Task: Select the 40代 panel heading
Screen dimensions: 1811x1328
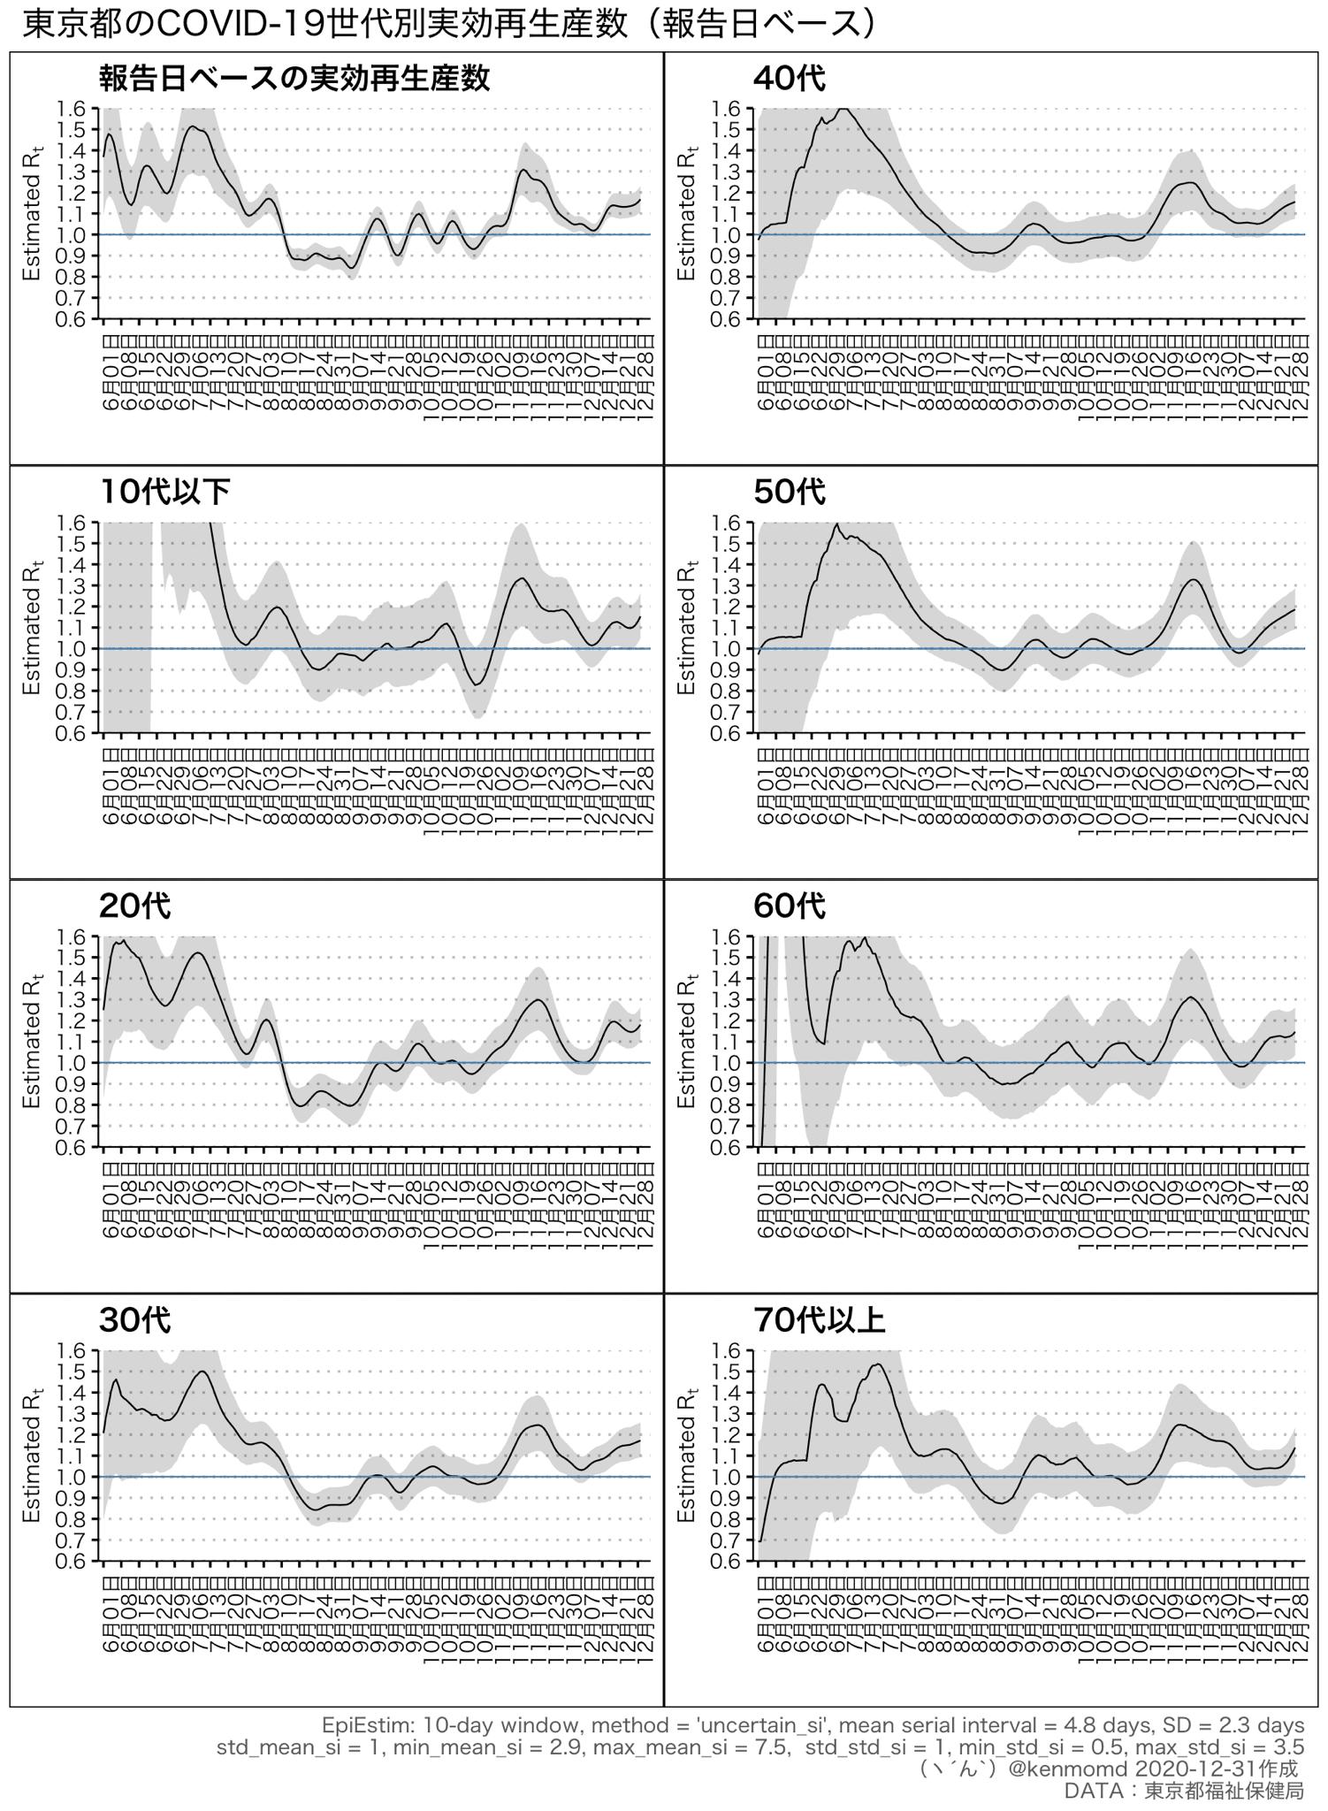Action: tap(789, 79)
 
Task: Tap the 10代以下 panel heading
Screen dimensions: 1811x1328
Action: tap(165, 493)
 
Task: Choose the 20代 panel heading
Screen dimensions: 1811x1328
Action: tap(134, 906)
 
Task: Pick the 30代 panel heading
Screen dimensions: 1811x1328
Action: tap(134, 1320)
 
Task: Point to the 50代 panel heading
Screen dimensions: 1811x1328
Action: tap(789, 493)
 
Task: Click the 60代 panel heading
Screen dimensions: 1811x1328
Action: tap(789, 906)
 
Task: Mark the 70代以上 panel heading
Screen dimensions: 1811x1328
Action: tap(819, 1320)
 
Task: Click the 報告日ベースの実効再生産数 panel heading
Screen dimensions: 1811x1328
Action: tap(294, 79)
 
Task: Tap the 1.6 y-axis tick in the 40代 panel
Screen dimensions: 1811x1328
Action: tap(729, 109)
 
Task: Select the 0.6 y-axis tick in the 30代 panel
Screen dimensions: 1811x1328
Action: tap(73, 1562)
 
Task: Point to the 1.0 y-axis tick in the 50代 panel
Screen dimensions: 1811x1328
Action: tap(729, 649)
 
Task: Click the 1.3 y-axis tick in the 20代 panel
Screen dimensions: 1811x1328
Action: tap(73, 1000)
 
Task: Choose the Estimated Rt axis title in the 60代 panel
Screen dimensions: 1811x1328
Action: tap(687, 1042)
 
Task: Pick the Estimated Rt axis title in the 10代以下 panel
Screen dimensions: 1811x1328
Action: tap(32, 628)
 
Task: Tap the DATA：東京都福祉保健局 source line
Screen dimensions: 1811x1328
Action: tap(1184, 1791)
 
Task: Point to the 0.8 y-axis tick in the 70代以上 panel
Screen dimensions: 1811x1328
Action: tap(729, 1519)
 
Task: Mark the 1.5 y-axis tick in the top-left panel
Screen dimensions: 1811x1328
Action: tap(73, 130)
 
